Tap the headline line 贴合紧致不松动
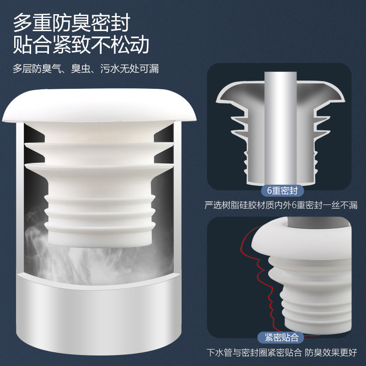[81, 46]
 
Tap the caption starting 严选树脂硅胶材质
[281, 205]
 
